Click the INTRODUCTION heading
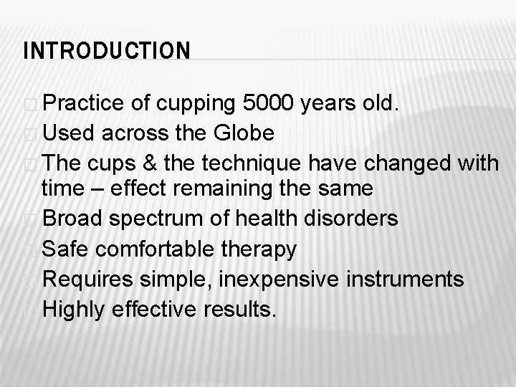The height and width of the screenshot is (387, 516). tap(107, 52)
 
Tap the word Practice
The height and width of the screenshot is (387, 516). tap(85, 105)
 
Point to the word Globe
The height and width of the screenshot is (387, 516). tap(244, 133)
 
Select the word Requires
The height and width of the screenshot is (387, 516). tap(88, 279)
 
